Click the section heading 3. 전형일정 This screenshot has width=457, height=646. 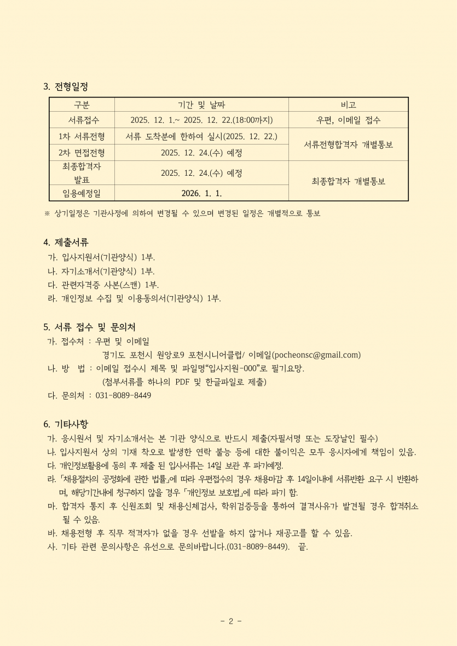coord(65,86)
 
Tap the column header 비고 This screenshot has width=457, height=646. coord(348,105)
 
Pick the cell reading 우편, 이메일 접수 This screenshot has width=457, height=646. coord(348,120)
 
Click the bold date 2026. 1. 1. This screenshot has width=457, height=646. coord(201,193)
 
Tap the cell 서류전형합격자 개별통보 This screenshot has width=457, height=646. coord(348,145)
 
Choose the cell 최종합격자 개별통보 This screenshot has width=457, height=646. coord(348,181)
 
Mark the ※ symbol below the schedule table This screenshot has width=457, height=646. coord(47,214)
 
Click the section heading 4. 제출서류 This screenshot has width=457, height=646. coord(66,242)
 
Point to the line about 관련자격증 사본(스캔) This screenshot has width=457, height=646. coord(103,285)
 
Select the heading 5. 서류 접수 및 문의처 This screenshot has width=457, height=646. coord(89,327)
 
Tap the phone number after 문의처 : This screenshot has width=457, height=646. coord(124,395)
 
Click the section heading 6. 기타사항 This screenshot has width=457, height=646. coord(66,424)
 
